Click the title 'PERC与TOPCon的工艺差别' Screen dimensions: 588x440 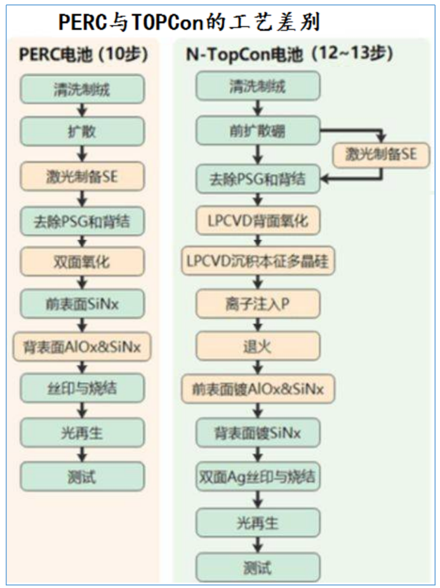point(189,22)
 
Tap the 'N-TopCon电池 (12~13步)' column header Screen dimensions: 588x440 point(289,55)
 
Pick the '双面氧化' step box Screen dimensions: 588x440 point(83,262)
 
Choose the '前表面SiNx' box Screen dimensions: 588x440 point(83,304)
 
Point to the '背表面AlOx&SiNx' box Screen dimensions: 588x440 point(83,346)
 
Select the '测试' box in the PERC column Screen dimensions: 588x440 point(83,476)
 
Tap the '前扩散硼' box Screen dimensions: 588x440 point(257,132)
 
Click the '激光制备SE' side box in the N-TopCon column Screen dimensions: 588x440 point(382,154)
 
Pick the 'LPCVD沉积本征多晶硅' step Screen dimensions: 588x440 point(257,262)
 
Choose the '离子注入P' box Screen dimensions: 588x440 point(257,304)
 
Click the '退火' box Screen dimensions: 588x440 point(257,347)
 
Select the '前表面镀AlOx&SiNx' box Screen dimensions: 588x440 point(257,388)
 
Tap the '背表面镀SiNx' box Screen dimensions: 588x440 point(257,433)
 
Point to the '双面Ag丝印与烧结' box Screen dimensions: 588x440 point(257,475)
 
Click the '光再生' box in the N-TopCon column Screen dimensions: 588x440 point(257,524)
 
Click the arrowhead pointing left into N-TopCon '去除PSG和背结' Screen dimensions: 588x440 point(326,179)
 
